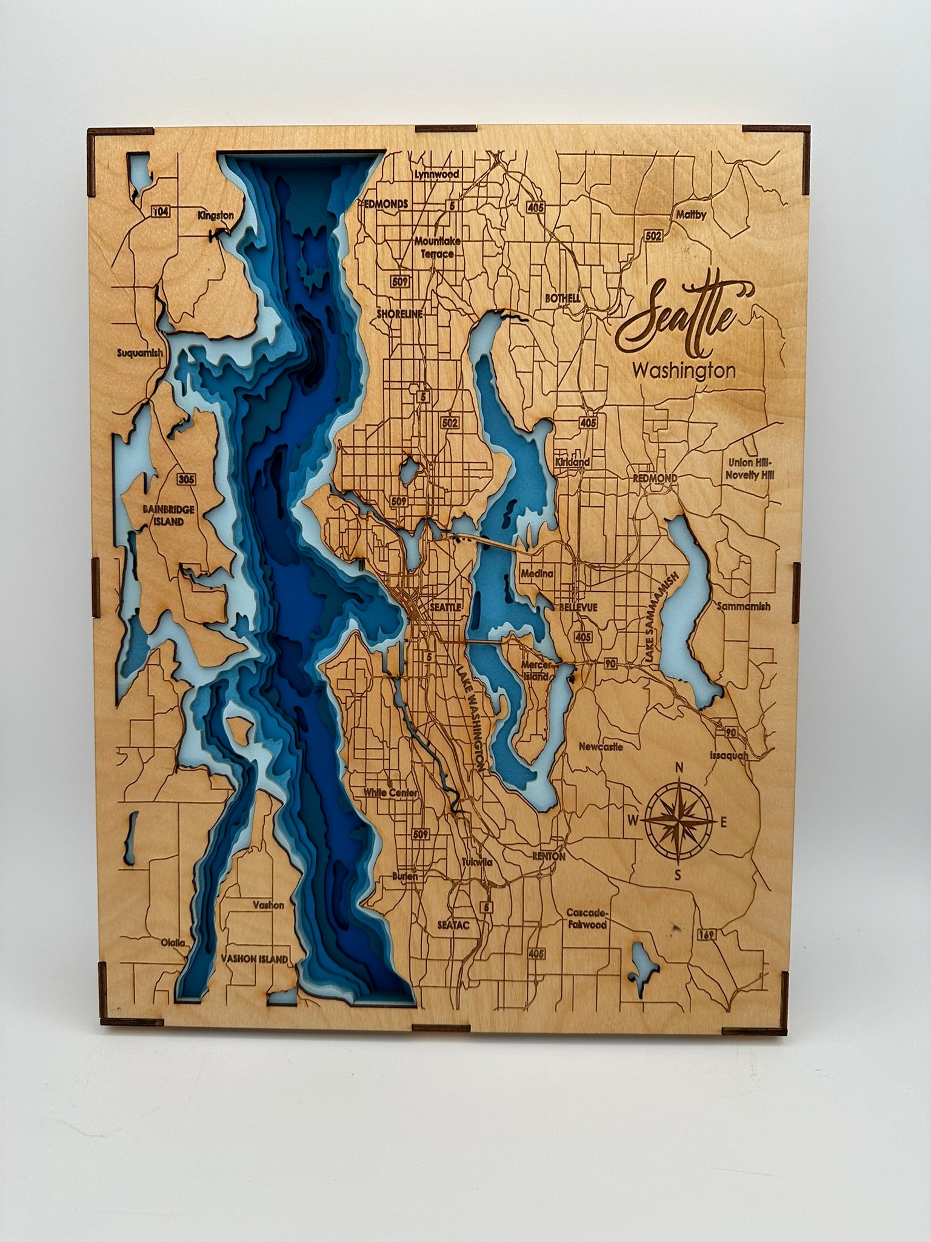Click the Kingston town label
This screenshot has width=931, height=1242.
pyautogui.click(x=215, y=215)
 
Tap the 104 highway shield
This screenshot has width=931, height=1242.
pyautogui.click(x=161, y=211)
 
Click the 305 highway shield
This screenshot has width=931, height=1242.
pyautogui.click(x=186, y=479)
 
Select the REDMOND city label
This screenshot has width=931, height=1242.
pyautogui.click(x=655, y=478)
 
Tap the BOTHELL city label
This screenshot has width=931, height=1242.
pyautogui.click(x=562, y=298)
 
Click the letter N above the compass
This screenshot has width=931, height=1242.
pyautogui.click(x=680, y=768)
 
